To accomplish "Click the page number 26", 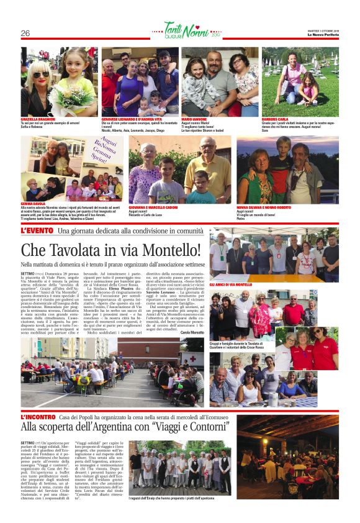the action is point(25,33).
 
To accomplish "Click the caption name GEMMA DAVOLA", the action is point(35,203).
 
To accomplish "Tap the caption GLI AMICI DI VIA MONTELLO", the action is point(230,284).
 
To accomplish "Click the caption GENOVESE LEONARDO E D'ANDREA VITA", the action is point(132,119).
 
